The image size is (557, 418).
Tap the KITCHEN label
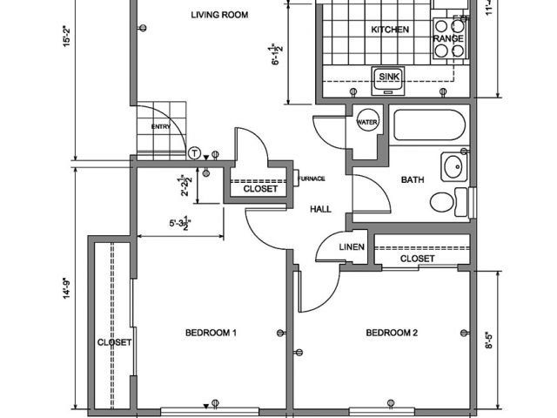390,30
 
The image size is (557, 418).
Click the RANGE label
448,39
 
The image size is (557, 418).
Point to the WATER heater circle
366,123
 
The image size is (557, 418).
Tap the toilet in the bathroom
445,203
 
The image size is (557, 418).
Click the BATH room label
412,180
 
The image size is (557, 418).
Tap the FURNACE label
312,179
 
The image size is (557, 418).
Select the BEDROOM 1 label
211,333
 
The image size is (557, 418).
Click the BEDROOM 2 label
392,333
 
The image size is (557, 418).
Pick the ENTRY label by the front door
160,127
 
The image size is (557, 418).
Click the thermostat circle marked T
194,152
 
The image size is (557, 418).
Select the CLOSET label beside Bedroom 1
113,342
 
